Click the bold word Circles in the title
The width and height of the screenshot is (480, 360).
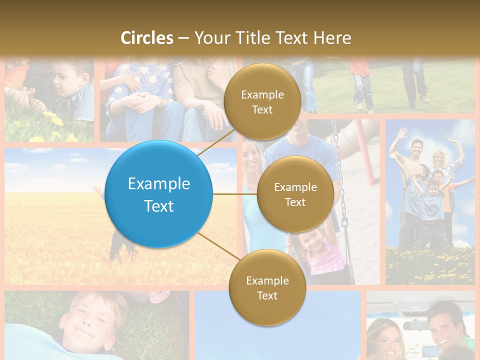click(146, 38)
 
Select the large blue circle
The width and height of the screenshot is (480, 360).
click(159, 194)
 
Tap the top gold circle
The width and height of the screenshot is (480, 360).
click(262, 101)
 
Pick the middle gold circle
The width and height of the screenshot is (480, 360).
click(295, 194)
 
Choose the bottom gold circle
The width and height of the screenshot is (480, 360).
click(267, 287)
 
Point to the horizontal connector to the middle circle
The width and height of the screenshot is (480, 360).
click(234, 194)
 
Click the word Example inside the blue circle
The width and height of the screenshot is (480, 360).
click(159, 183)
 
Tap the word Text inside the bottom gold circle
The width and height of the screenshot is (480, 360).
click(267, 295)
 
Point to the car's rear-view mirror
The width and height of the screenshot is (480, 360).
click(417, 325)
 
